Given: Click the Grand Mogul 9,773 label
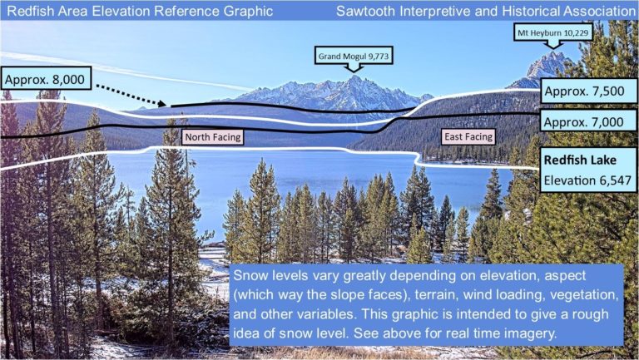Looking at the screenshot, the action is (354, 57).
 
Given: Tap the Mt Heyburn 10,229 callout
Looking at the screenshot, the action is (553, 32).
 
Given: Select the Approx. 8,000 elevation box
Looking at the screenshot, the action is (45, 80).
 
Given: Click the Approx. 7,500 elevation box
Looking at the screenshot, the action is (584, 91).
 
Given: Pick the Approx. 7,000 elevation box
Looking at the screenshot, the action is (584, 121).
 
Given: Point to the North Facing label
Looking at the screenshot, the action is (213, 137).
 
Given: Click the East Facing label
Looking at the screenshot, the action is (468, 137).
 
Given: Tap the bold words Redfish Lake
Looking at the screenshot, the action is (580, 160).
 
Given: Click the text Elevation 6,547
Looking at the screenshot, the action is (587, 180).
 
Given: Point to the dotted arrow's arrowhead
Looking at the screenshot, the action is (161, 104).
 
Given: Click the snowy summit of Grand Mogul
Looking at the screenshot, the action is (354, 76).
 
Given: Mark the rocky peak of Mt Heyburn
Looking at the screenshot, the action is (553, 54).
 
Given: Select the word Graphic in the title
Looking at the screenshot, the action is (248, 11).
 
